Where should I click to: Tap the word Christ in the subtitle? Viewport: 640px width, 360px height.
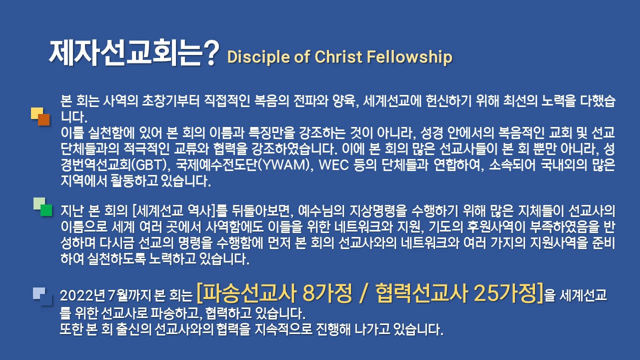coord(338,56)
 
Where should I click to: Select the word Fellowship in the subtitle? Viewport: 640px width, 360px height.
coord(409,57)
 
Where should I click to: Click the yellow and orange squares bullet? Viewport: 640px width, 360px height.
coord(40,116)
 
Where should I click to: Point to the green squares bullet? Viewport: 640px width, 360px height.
coord(42,207)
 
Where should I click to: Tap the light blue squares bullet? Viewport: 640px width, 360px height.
coord(42,296)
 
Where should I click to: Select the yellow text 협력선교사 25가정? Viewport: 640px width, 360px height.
coord(456,293)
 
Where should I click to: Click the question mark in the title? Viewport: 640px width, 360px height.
coord(211,53)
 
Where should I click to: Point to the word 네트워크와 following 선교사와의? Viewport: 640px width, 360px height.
coord(430,243)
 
